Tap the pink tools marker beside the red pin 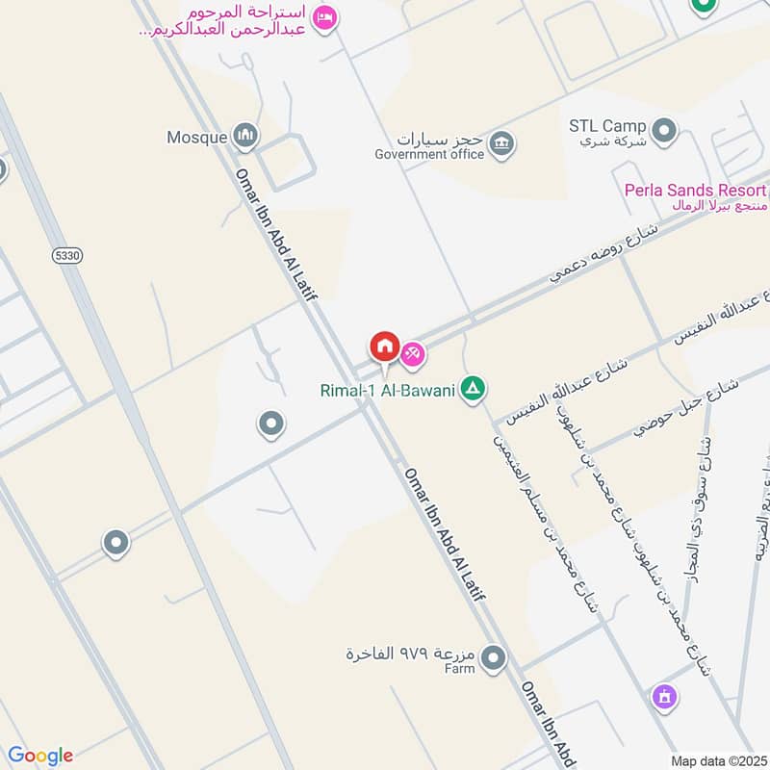(414, 354)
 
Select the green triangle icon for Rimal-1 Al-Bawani (473, 389)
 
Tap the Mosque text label (196, 137)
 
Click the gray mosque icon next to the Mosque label (246, 137)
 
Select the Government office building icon (500, 145)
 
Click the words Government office (429, 154)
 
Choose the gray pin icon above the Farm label (494, 658)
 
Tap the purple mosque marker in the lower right (663, 695)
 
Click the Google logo (40, 755)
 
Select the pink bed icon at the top (325, 17)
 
